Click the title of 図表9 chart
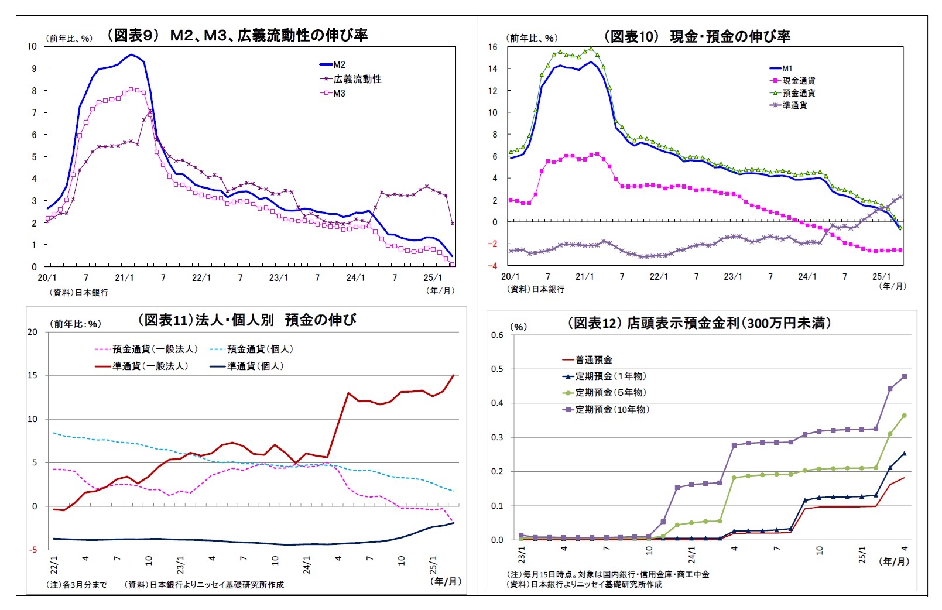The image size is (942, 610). click(238, 35)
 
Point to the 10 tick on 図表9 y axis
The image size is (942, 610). click(32, 46)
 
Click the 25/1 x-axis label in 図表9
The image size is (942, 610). click(433, 277)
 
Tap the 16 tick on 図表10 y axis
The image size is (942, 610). click(493, 47)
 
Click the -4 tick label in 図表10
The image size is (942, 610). click(493, 266)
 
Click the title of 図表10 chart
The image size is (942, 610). click(697, 36)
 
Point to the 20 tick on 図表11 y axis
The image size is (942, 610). click(32, 332)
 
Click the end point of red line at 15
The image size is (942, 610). click(454, 375)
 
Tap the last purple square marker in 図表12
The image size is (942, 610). click(905, 376)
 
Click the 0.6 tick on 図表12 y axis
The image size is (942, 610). click(497, 335)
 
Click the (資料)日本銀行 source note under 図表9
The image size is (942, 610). click(79, 292)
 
